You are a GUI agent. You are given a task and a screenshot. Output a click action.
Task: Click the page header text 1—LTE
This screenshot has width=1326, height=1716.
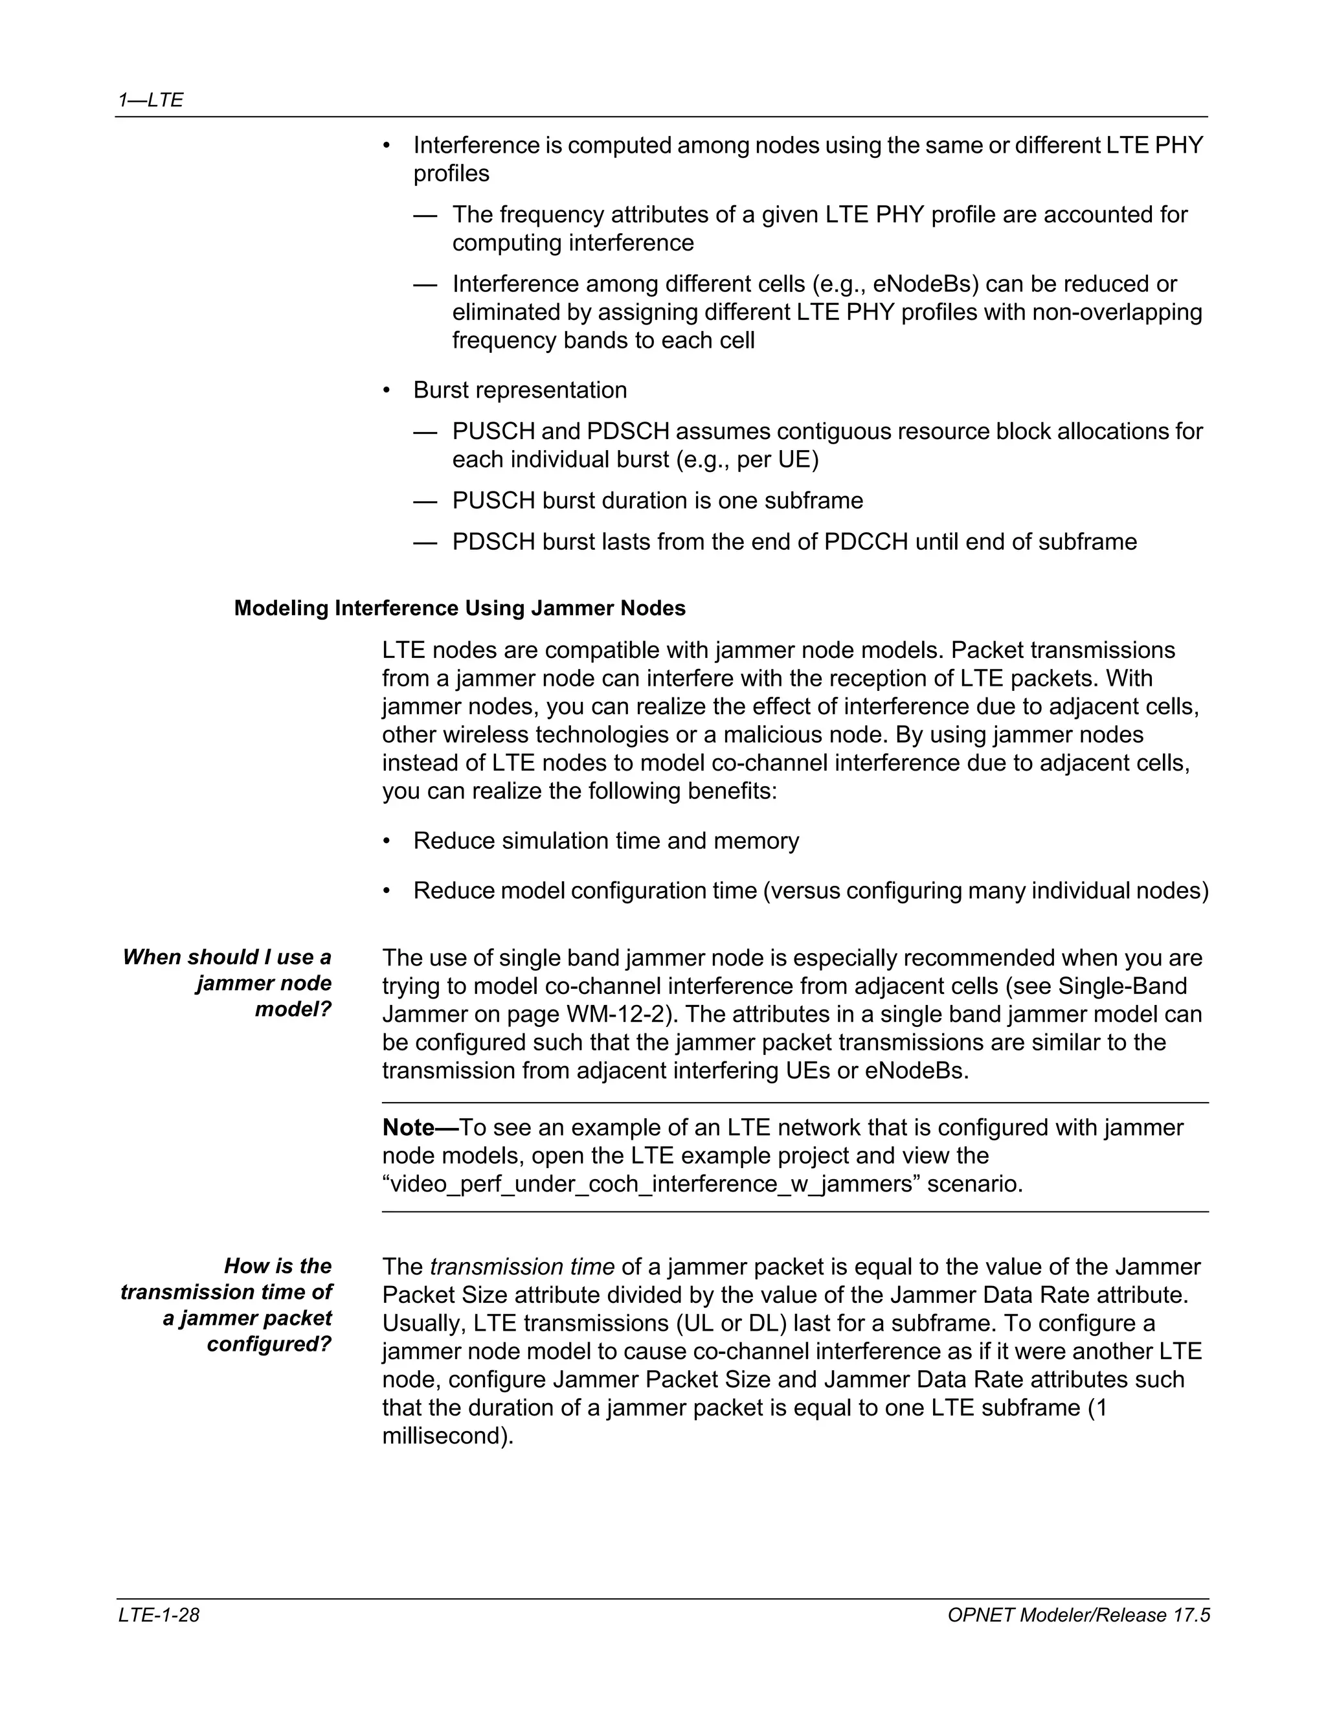click(x=150, y=100)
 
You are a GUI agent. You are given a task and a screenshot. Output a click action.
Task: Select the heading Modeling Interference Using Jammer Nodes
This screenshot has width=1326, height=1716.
click(x=460, y=608)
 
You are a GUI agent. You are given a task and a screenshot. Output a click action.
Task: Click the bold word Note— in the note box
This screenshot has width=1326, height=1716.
click(x=420, y=1127)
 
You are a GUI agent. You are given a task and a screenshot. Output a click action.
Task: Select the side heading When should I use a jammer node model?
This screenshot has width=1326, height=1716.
click(x=227, y=983)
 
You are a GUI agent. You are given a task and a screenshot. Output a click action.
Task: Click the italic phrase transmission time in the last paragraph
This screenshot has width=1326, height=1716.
click(x=522, y=1267)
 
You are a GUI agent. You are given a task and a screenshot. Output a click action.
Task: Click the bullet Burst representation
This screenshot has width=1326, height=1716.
click(x=520, y=390)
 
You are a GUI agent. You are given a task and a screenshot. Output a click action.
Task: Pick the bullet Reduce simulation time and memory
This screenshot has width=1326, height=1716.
click(x=605, y=841)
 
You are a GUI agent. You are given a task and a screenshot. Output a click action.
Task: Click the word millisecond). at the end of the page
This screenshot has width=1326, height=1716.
click(x=448, y=1436)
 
